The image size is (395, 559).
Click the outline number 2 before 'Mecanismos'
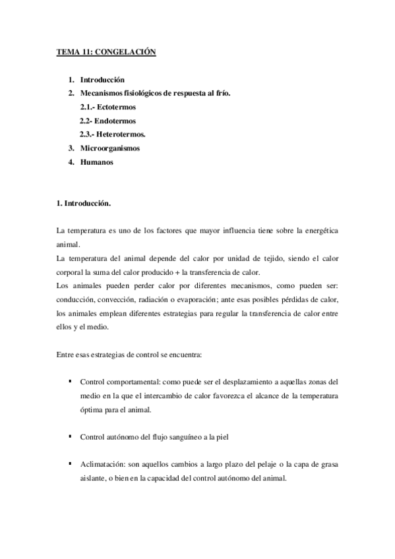(71, 93)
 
